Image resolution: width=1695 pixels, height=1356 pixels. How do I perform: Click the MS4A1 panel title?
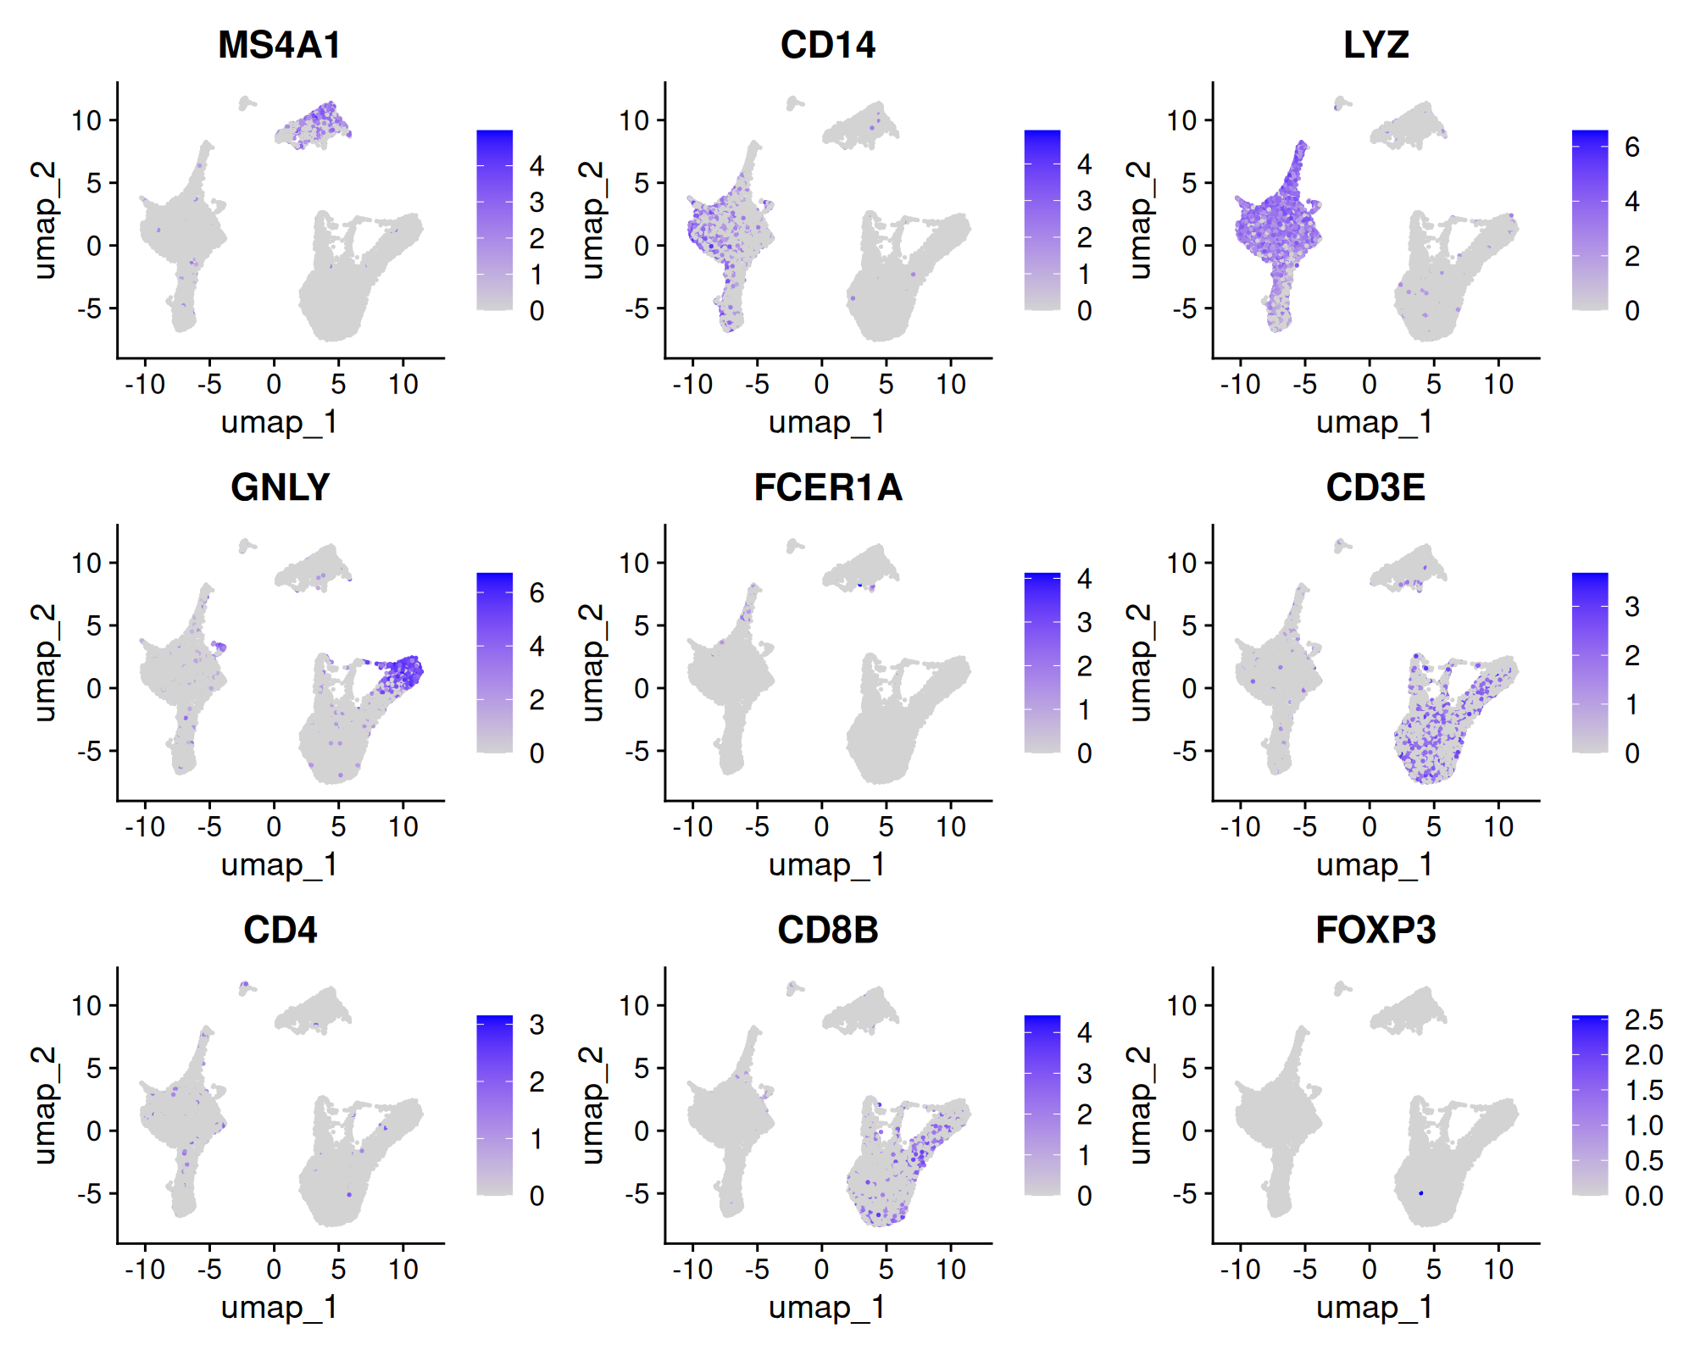coord(280,45)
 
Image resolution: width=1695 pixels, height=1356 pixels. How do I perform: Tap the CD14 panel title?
coord(827,45)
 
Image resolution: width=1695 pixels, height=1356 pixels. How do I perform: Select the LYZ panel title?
coord(1375,45)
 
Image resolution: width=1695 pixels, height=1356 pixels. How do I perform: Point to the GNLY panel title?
coord(280,487)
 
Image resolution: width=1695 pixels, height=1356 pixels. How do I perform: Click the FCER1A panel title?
coord(827,487)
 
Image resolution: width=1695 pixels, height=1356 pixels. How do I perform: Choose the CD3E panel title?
coord(1375,487)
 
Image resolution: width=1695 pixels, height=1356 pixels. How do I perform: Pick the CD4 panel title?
coord(280,930)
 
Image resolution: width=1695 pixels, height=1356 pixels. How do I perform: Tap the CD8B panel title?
coord(827,930)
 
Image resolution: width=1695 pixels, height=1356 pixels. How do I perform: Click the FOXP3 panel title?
coord(1375,930)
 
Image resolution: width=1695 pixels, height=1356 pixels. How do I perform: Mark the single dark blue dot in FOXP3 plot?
coord(1421,1193)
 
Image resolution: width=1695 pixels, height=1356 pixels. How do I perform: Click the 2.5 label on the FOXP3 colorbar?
coord(1643,1020)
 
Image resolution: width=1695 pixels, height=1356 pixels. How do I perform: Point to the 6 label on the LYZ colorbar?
coord(1632,147)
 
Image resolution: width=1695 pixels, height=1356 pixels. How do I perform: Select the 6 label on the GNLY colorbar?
coord(537,592)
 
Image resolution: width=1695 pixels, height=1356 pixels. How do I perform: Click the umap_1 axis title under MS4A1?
coord(280,421)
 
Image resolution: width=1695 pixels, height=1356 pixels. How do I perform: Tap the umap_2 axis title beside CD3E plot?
coord(1141,662)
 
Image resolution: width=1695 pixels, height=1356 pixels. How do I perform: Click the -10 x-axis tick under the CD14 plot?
coord(692,385)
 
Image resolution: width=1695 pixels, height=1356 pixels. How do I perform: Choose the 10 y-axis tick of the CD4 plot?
coord(86,1006)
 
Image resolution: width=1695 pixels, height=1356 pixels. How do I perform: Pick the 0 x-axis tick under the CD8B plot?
coord(821,1270)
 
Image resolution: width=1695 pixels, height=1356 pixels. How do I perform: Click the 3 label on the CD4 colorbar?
coord(537,1025)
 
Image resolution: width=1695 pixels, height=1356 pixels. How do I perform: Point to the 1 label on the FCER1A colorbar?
coord(1085,710)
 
